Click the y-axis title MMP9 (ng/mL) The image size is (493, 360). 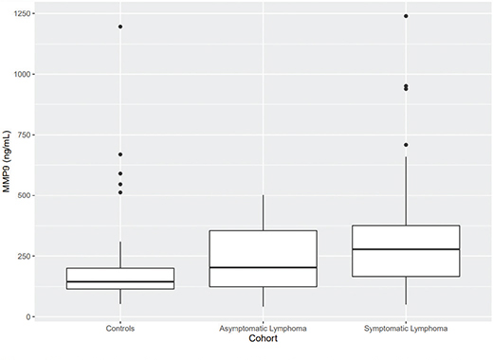(7, 165)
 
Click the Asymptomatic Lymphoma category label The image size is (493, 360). (263, 329)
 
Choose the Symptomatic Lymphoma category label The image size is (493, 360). (406, 329)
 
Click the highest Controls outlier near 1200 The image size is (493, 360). (120, 27)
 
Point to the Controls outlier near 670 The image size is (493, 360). (120, 154)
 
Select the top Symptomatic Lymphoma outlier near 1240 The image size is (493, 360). (406, 16)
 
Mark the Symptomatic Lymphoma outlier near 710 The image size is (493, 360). (406, 145)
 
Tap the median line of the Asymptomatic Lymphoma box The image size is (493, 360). (263, 267)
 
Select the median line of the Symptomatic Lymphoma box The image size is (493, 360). (406, 249)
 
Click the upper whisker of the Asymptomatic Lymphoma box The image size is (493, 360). (263, 213)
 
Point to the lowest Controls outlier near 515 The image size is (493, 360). (120, 192)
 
